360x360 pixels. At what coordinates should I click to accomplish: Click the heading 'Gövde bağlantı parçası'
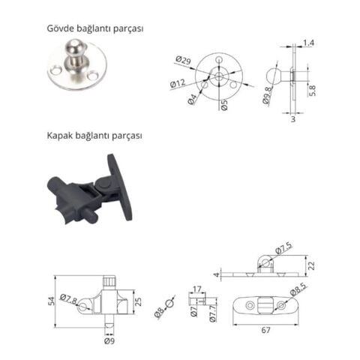pos(94,28)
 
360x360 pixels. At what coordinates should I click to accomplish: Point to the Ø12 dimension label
pos(178,82)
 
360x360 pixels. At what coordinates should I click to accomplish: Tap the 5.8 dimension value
pos(312,88)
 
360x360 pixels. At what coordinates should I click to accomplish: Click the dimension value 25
pos(138,301)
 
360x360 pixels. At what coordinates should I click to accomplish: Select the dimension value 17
pos(196,289)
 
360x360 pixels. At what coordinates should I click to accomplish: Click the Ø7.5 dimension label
pos(283,248)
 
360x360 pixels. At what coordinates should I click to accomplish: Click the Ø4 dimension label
pos(193,97)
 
